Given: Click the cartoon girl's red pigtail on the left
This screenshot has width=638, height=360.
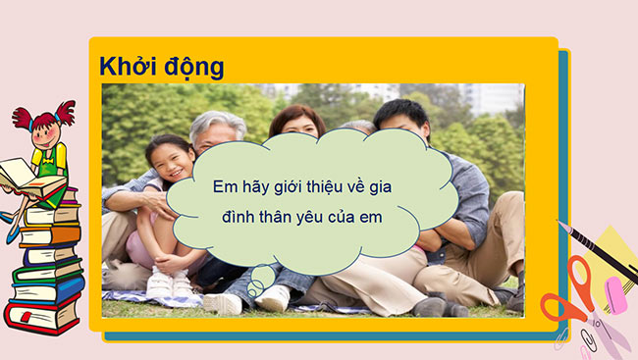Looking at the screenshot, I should [x=23, y=118].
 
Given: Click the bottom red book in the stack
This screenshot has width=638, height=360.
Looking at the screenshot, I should [x=39, y=316].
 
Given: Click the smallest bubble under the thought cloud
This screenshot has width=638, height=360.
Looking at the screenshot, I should [x=253, y=291].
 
